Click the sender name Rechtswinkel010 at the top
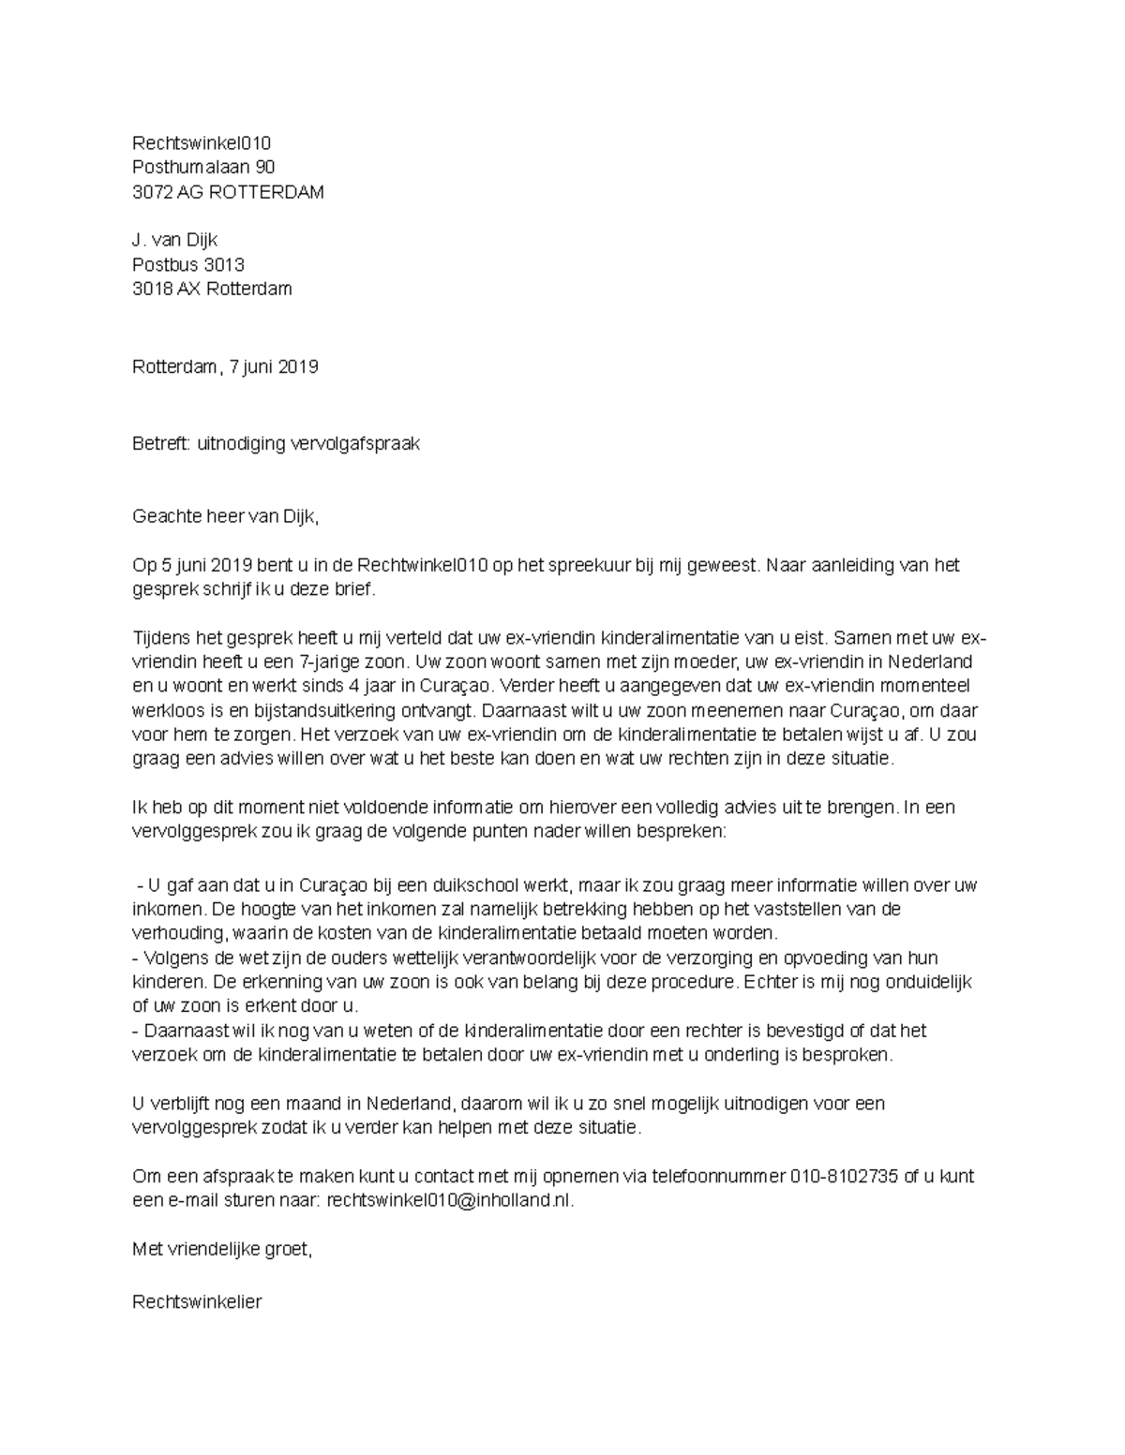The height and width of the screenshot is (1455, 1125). (202, 143)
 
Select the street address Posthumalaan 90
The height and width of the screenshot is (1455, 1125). (203, 168)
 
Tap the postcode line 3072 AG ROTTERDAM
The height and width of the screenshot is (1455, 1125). (228, 192)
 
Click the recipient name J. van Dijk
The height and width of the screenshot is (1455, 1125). (175, 241)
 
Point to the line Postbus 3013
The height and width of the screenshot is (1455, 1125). (188, 265)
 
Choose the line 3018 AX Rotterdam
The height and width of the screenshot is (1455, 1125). (212, 289)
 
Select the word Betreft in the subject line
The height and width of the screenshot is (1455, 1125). (161, 444)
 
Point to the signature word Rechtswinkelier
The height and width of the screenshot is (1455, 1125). (197, 1301)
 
